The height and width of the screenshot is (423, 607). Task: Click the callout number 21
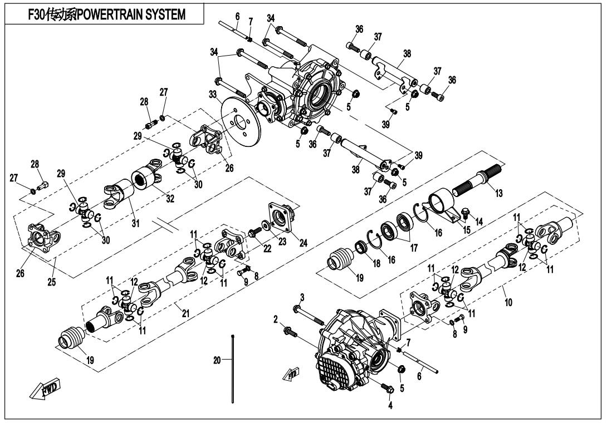[185, 314]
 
